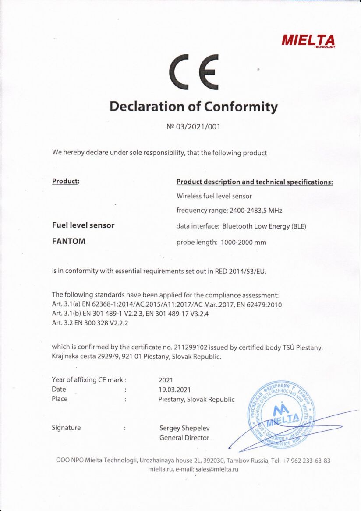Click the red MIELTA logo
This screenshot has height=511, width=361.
point(308,41)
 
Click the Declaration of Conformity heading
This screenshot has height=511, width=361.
point(193,107)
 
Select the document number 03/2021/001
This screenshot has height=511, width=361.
point(198,127)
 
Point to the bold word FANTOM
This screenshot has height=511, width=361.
point(68,242)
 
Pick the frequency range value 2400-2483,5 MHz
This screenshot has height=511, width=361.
point(256,211)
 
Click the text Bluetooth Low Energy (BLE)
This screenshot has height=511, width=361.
point(264,227)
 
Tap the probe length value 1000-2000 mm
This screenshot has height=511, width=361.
point(244,242)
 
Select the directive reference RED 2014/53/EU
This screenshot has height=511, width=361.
point(240,271)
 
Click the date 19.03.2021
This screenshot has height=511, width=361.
point(174,390)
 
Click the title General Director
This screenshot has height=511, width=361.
point(184,438)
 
